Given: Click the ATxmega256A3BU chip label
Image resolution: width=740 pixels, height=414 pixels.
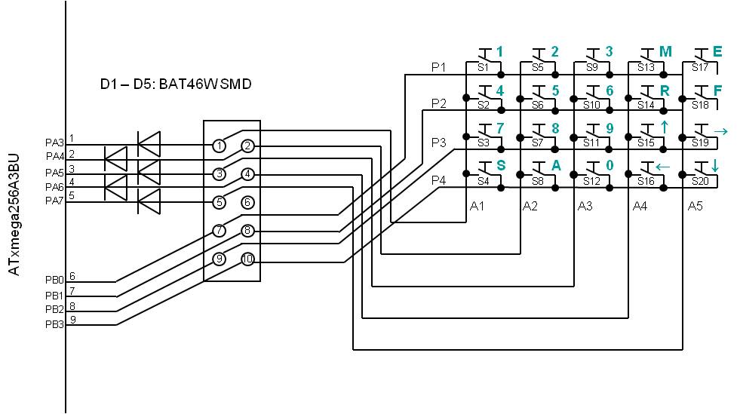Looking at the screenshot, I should [14, 214].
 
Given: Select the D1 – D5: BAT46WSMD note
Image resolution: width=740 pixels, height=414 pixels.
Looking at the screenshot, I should [176, 84].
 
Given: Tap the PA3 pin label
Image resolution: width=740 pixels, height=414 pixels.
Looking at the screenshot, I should [54, 141].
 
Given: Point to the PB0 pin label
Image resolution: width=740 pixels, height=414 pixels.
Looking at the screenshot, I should [54, 280].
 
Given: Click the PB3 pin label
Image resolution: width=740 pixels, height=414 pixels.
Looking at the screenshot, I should [54, 324].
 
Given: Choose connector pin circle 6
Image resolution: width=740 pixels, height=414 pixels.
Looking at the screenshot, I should [247, 202].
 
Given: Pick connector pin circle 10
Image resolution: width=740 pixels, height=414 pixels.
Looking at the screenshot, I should [247, 259].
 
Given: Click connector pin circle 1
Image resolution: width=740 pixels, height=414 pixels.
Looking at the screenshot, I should [219, 146].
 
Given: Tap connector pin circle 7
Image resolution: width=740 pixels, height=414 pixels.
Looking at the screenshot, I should [219, 231].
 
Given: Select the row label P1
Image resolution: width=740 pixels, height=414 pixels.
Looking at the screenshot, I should [438, 67].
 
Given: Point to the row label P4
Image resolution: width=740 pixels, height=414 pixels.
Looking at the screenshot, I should [438, 180].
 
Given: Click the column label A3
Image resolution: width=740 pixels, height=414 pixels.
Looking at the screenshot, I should [585, 206].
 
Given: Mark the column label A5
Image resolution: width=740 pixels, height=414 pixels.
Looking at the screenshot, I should [695, 206].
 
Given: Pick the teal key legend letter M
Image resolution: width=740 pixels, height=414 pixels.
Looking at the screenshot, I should [665, 51].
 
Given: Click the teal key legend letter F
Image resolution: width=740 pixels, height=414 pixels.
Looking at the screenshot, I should [718, 90].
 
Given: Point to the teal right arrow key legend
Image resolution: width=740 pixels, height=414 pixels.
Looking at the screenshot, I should [720, 132].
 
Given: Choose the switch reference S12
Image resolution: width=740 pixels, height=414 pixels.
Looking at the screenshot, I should [592, 181].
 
